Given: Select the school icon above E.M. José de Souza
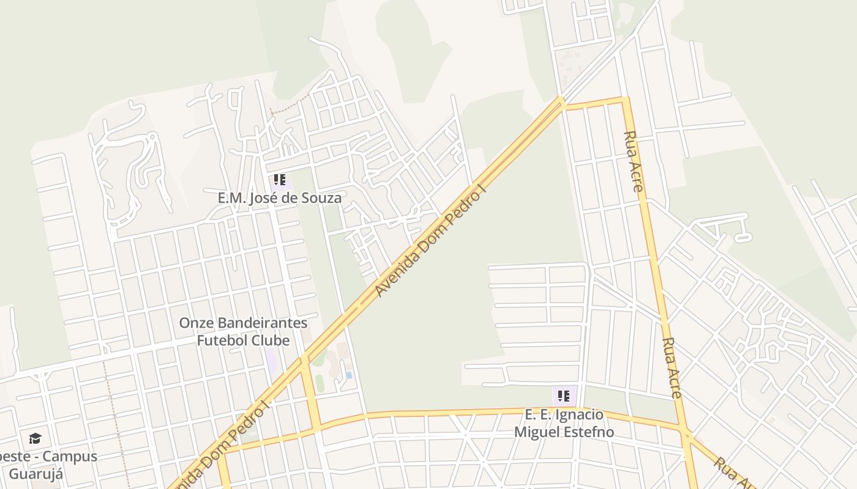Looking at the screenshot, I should pos(280,180).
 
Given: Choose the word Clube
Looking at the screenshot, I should pos(271,340).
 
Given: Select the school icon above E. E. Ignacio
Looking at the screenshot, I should pos(564,396).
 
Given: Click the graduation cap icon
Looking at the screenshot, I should pos(35,438).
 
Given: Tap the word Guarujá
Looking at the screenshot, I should pos(36,474).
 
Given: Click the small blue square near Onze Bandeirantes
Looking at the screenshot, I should pos(349,375).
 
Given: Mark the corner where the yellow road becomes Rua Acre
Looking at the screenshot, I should pos(624,99).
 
